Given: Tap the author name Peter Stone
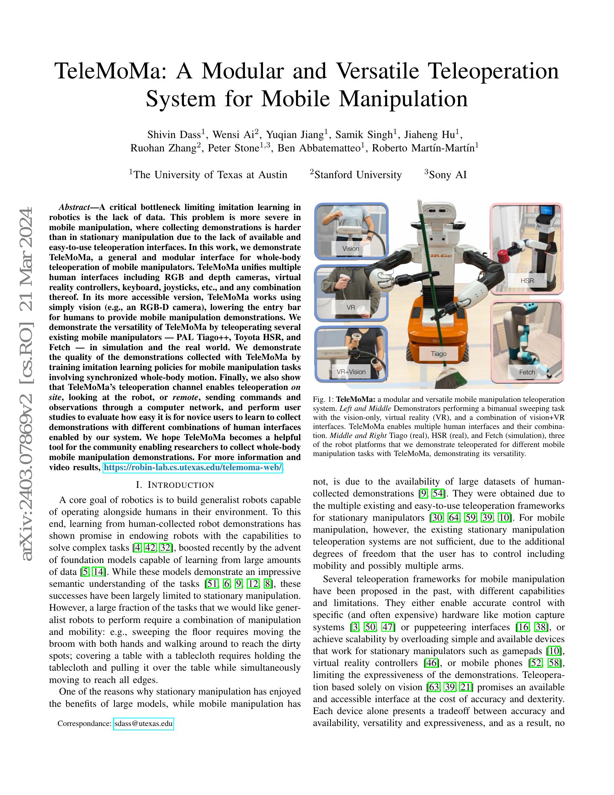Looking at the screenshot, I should pos(233,148).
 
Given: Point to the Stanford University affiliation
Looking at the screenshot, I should pos(358,175).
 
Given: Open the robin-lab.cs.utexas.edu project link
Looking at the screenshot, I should pos(193,467).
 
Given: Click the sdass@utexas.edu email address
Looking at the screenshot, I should pos(143,724).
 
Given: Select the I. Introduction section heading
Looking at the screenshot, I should pos(175,485).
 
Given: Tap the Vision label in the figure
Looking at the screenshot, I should pos(351,249).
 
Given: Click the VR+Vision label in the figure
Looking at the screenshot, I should pos(351,371).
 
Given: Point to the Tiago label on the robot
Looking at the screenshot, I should pos(438,353).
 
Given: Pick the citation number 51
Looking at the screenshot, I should pos(211,584).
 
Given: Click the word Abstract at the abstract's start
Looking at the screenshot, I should pos(74,207).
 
